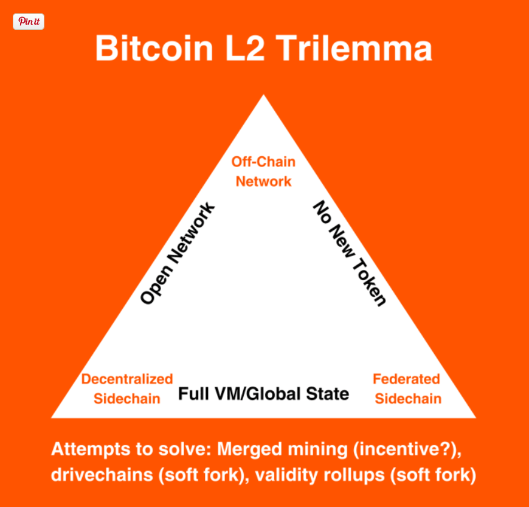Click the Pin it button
(29, 21)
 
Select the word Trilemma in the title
(359, 48)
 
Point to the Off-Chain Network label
(263, 171)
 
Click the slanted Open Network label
(178, 253)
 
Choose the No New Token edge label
(349, 253)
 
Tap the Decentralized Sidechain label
(127, 388)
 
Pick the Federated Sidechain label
(406, 388)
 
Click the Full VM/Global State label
(263, 394)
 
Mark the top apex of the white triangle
(263, 96)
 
